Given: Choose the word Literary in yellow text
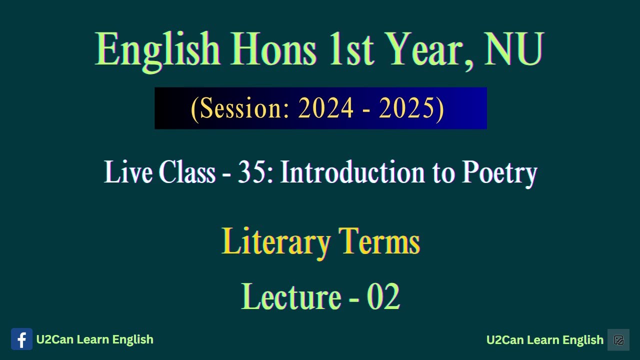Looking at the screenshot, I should (275, 242).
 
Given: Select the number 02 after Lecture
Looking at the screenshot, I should (383, 296).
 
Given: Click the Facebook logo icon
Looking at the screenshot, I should (21, 339).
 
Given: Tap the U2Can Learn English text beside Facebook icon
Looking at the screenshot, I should (94, 339).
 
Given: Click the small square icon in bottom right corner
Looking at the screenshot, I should (618, 340).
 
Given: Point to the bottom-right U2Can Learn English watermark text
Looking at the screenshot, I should (544, 340).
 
